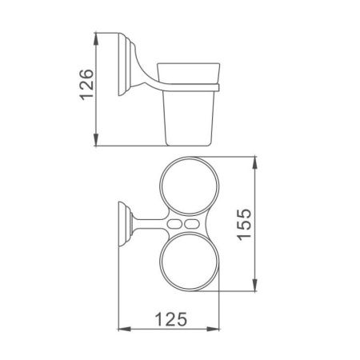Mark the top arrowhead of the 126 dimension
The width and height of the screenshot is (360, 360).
pos(97,37)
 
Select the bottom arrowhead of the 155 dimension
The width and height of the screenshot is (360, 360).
pos(255,291)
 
